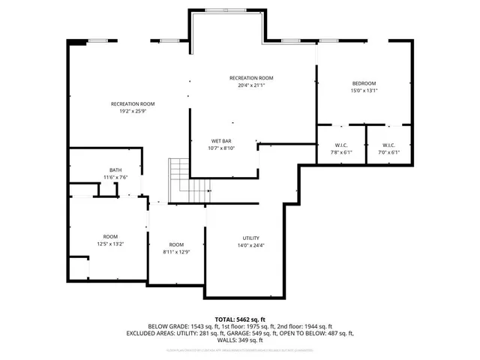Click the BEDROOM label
[x=364, y=82]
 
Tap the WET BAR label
[x=220, y=141]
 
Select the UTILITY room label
[x=250, y=238]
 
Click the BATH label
[x=115, y=170]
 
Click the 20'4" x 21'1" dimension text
[x=251, y=85]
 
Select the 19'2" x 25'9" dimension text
[x=132, y=111]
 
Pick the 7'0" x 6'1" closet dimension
[x=388, y=152]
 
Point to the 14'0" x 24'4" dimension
[x=250, y=245]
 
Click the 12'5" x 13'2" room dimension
[x=110, y=243]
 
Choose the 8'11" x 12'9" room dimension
[x=176, y=252]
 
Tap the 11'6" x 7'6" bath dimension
[x=115, y=177]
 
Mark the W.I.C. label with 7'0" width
[x=388, y=145]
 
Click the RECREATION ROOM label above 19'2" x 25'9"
[x=133, y=103]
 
